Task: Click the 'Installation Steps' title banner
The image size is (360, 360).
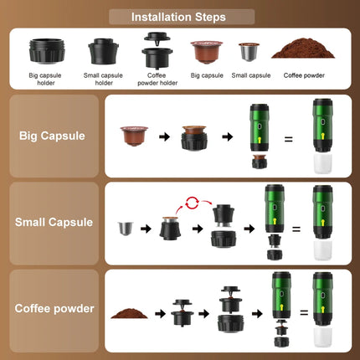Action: pos(180,16)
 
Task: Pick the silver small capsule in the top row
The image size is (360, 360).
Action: pos(248,53)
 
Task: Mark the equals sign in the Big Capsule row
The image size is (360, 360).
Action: pos(288,139)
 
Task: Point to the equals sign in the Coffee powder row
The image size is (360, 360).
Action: pos(305,312)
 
